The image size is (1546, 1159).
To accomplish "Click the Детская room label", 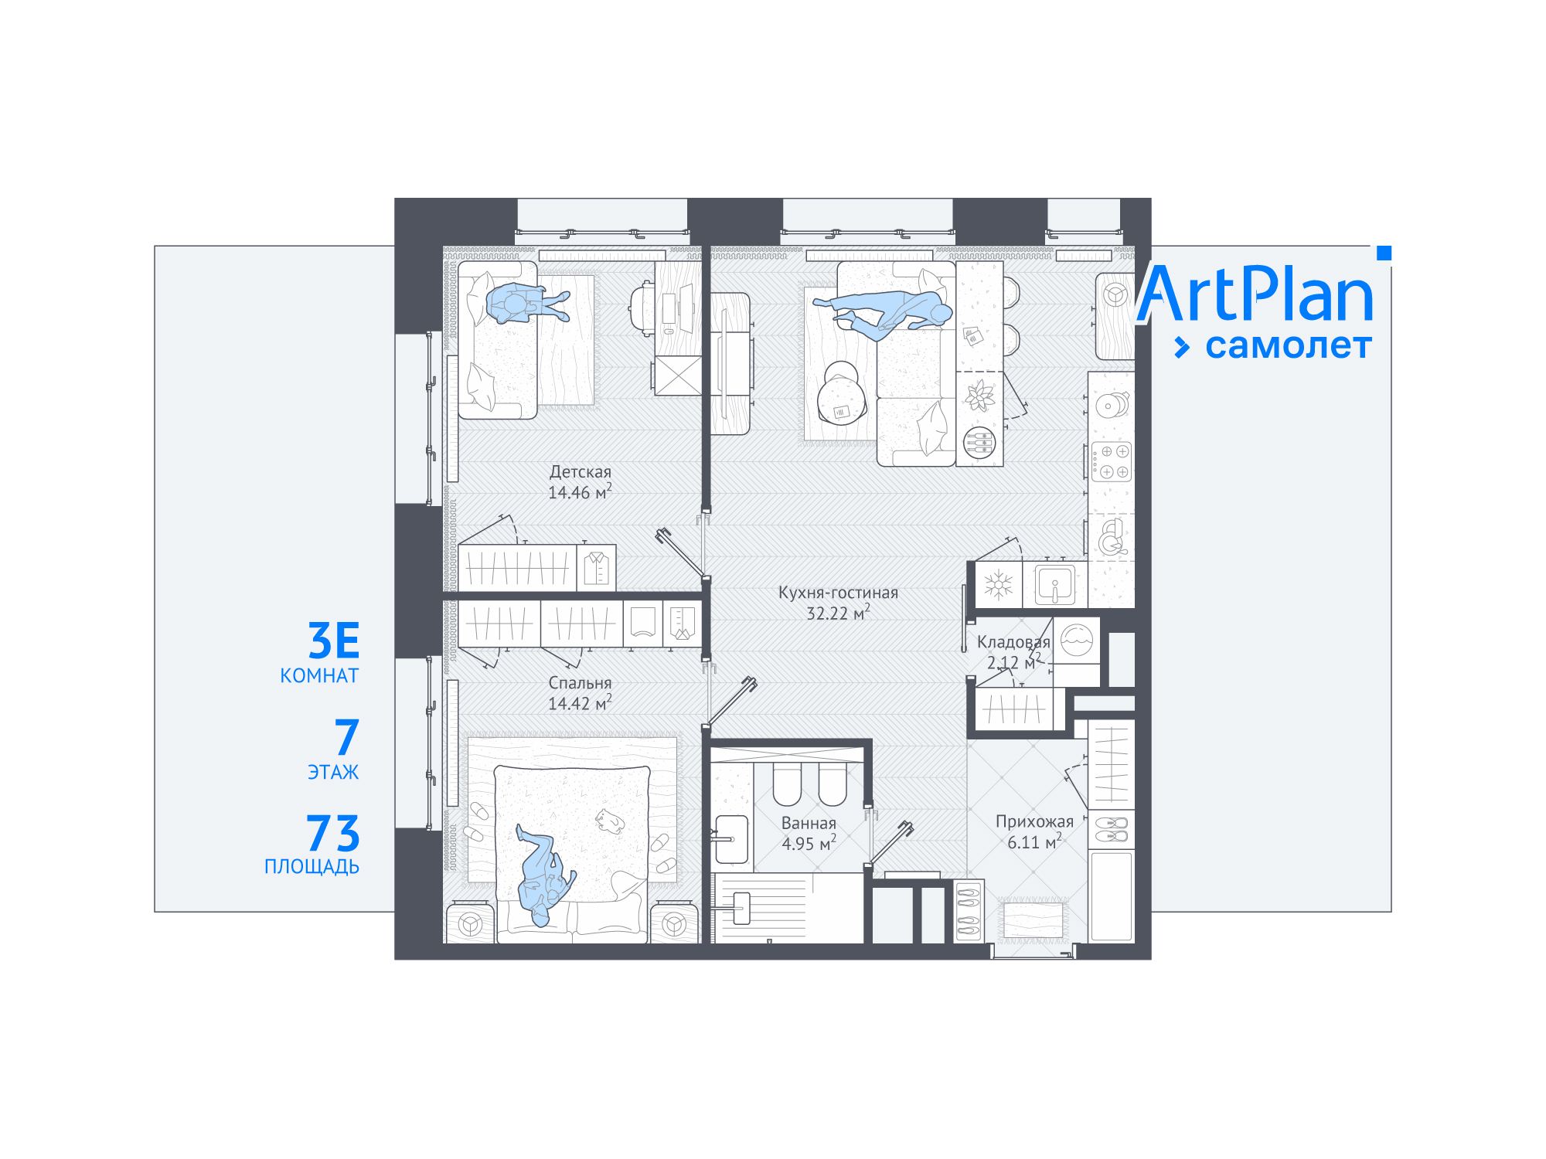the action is pos(581,471).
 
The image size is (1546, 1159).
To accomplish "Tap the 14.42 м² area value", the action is pos(580,702).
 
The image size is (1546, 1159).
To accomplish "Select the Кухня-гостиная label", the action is pos(838,593).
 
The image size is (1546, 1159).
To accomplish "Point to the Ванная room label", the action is pos(809,823).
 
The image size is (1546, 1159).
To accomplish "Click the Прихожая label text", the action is pos(1034,821).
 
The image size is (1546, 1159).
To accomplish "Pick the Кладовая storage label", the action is pos(1013,642).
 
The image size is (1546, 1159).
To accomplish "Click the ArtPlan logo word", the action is pos(1255,294).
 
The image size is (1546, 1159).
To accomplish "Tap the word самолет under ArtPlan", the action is pos(1289,346).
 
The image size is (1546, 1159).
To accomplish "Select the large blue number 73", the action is pos(333,834).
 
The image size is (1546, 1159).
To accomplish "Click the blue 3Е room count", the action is pos(334,641).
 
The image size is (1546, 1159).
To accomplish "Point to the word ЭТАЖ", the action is pos(333,772).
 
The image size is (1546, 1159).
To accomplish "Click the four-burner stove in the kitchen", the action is pos(1112,461).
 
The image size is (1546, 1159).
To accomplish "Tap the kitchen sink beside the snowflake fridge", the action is pos(1055,585).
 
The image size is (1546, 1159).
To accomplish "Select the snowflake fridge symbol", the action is pos(998,585).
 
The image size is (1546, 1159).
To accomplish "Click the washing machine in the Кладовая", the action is pos(1077,641).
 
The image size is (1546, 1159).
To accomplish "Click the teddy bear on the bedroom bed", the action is pos(610,821).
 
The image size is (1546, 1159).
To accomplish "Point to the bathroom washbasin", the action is pos(730,839).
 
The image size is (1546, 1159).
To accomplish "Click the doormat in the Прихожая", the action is pos(1033,919).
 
